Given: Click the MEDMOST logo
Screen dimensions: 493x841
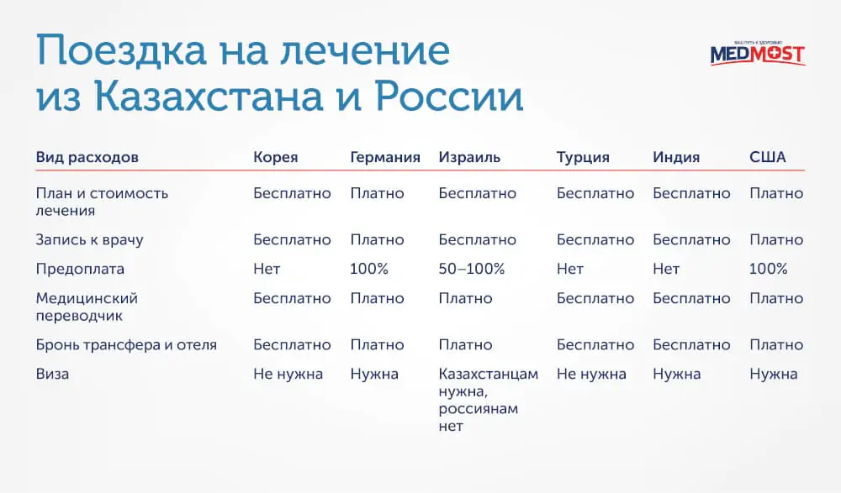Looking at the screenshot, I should (x=757, y=55).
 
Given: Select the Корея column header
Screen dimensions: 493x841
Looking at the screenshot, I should (x=276, y=157).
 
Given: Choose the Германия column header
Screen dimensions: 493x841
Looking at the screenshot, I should (x=385, y=157).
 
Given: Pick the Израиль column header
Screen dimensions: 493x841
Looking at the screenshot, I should (x=469, y=157).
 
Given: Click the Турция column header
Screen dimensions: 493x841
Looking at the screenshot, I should (x=583, y=157).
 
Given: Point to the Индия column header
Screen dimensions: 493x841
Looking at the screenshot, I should (x=676, y=157).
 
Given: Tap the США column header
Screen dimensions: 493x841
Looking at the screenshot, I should (x=768, y=157).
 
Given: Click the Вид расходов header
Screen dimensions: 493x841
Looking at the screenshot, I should (x=87, y=157).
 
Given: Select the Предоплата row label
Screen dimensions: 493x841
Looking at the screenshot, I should (x=80, y=269).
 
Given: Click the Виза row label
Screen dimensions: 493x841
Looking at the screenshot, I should (x=52, y=374).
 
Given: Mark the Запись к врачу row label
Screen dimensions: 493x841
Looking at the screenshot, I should (x=89, y=239).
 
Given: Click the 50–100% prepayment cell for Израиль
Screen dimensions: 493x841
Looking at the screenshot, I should (x=472, y=269).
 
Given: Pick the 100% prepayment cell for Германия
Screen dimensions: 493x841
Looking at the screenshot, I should (x=369, y=269).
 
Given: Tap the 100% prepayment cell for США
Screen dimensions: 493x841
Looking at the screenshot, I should (x=769, y=269).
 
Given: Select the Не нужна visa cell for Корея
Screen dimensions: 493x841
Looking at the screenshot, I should (x=288, y=374).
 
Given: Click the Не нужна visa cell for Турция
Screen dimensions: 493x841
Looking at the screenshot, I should (x=591, y=374).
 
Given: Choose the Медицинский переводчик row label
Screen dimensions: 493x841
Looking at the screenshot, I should (x=87, y=307).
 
